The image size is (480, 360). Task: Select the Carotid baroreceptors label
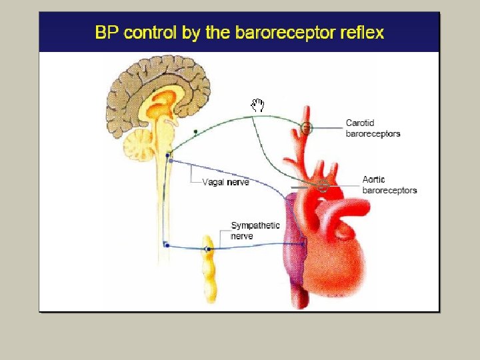pos(373,128)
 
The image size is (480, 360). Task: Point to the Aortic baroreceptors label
pos(389,185)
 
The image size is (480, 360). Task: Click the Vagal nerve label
pos(225,182)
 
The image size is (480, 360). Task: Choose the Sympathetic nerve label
pos(255,231)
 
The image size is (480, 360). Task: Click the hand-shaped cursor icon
pos(258,105)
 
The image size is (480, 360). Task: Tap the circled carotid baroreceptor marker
pos(306,127)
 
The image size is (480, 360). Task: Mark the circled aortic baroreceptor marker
pos(323,185)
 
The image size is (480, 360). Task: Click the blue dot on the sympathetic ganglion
pos(208,249)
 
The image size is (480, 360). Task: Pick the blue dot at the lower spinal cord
pos(167,245)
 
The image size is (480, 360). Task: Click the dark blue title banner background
pos(67,32)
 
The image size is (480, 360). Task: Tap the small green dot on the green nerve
pos(195,132)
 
